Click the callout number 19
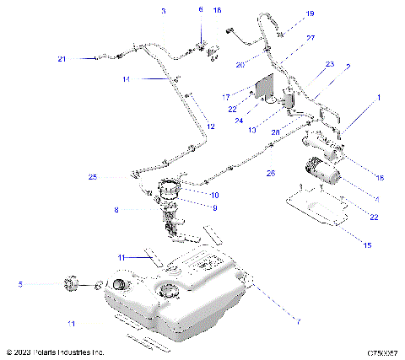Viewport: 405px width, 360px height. point(286,14)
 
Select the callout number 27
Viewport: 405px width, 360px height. point(287,39)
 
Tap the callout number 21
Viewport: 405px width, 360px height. point(62,58)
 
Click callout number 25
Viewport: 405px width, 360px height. point(93,177)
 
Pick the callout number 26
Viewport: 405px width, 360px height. point(270,173)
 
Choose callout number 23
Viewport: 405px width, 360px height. point(329,64)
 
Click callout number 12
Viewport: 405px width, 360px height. point(211,126)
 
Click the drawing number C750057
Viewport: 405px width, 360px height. point(383,352)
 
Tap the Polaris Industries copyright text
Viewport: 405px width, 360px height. point(54,352)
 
